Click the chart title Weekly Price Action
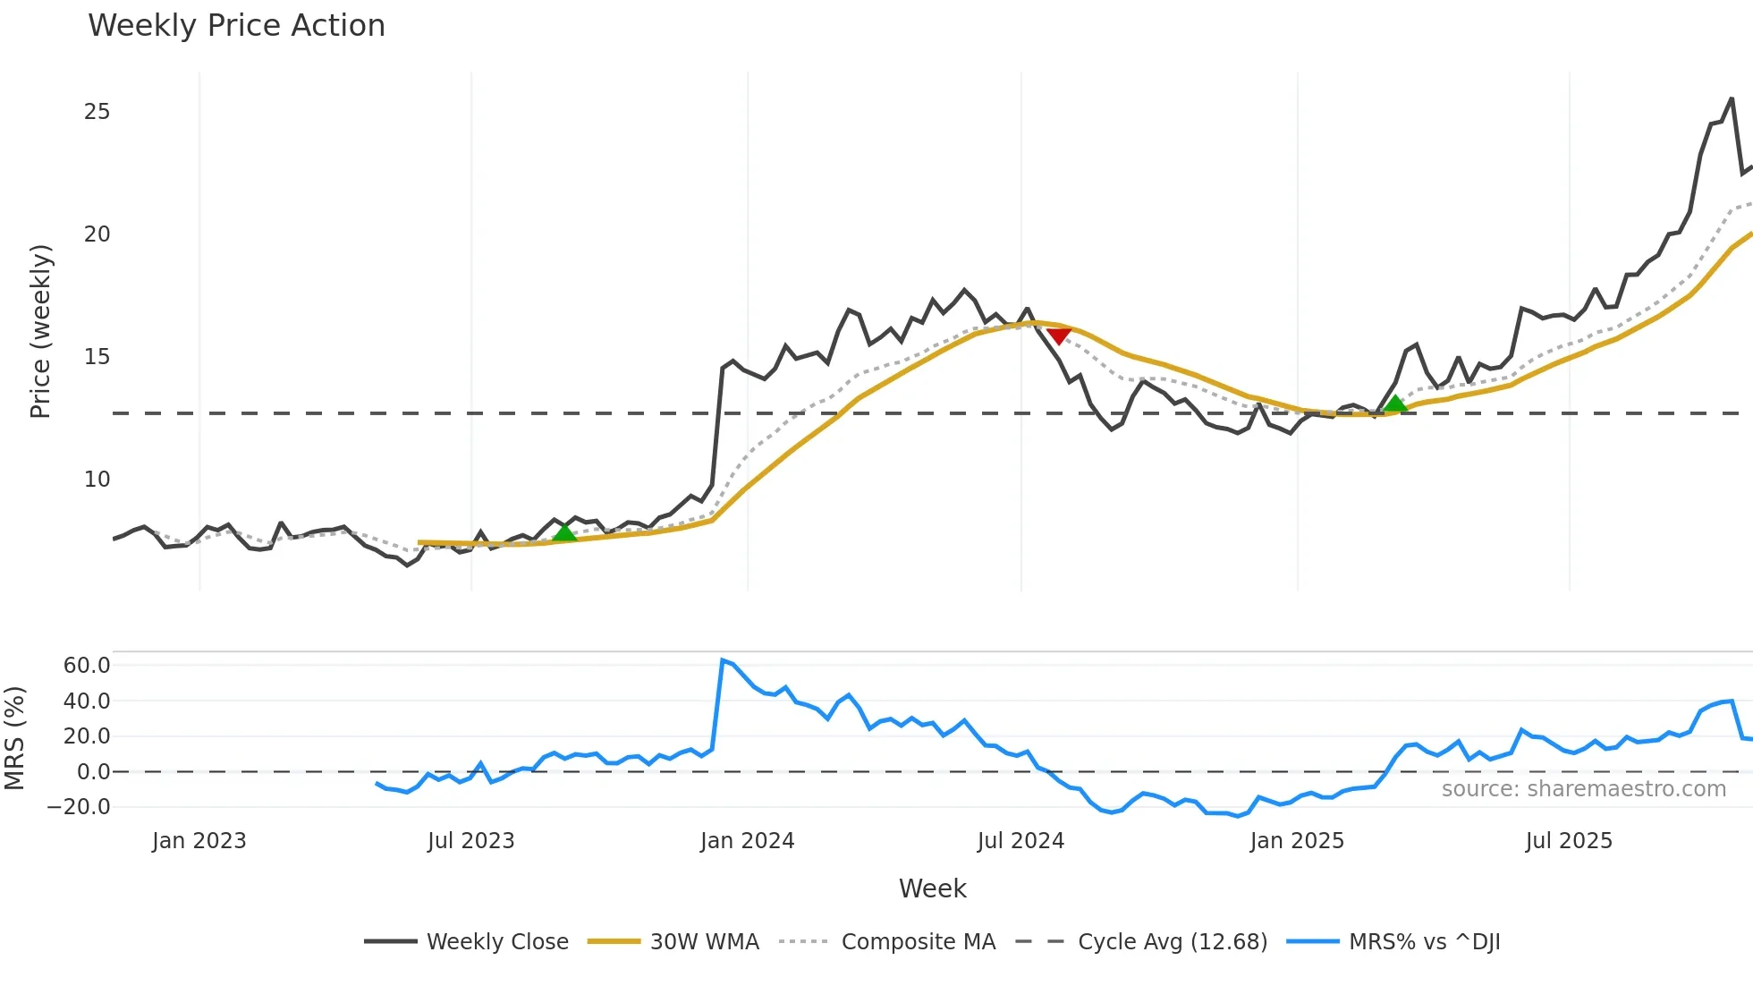[x=236, y=26]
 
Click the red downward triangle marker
[x=1059, y=336]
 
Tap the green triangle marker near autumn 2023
[x=564, y=532]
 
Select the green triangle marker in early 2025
[x=1395, y=404]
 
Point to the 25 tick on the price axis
[x=97, y=112]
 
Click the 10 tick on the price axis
[x=97, y=480]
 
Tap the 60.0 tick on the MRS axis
[x=87, y=666]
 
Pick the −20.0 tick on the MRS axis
[x=79, y=807]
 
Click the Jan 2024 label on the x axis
[x=747, y=841]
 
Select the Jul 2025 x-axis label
[x=1569, y=841]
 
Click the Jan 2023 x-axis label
[x=199, y=841]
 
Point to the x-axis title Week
[x=932, y=888]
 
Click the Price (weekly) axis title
[x=40, y=331]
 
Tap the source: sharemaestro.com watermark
[x=1583, y=789]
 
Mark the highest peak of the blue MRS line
[x=723, y=660]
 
